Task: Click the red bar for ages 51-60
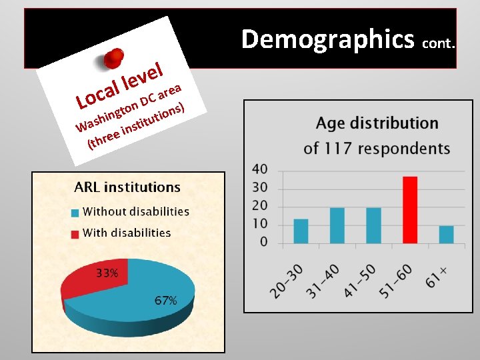pos(410,209)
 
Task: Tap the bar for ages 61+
pos(446,234)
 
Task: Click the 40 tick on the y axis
pos(260,169)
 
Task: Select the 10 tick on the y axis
pos(260,223)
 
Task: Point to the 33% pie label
pos(107,273)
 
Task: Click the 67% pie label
pos(165,301)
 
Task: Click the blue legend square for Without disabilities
pos(77,213)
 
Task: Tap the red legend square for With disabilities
pos(77,233)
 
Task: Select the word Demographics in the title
pos(327,39)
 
